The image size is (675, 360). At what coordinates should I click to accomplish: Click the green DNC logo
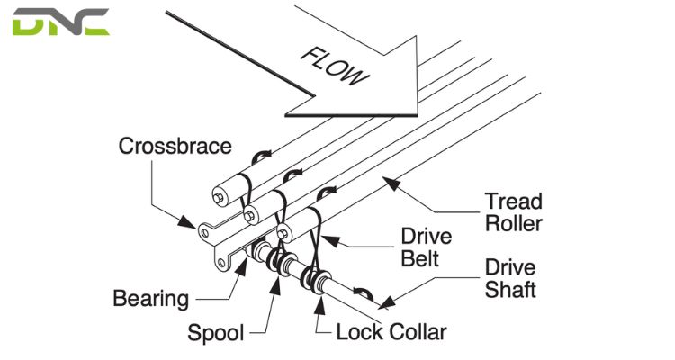pos(60,22)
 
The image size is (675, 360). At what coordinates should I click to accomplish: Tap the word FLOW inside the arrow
pos(333,64)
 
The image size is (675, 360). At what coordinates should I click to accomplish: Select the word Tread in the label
pos(514,200)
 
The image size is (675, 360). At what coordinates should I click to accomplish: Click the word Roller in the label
pos(514,222)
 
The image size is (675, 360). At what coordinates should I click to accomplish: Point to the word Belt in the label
pos(419,259)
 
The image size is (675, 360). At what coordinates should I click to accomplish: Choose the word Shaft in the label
pos(510,289)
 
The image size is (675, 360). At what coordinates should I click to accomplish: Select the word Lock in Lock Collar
pos(357,332)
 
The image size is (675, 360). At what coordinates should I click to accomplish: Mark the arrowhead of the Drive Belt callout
pos(321,238)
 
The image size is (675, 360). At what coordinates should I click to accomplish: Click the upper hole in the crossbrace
pos(207,231)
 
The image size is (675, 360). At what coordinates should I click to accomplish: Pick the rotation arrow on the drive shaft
pos(361,293)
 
